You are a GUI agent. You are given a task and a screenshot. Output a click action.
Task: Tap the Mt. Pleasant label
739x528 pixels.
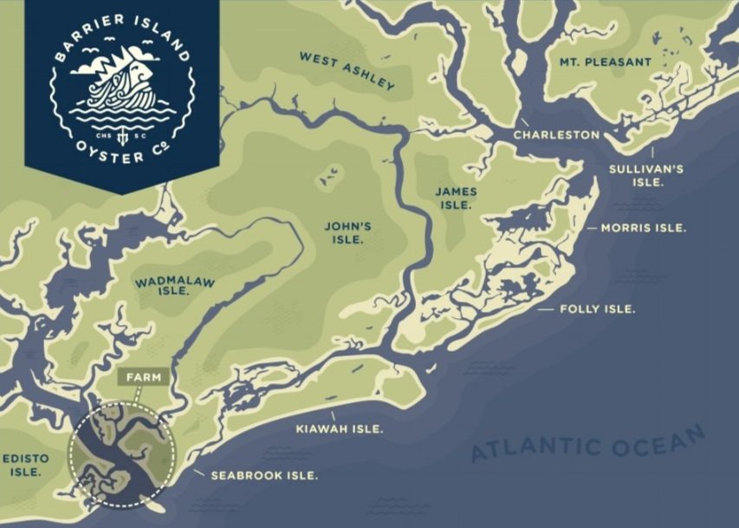[x=605, y=62]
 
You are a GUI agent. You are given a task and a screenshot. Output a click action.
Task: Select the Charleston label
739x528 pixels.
[x=556, y=135]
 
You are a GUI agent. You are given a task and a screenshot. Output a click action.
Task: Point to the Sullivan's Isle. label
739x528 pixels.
[x=645, y=175]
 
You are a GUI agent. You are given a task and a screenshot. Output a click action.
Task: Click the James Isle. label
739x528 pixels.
[x=456, y=198]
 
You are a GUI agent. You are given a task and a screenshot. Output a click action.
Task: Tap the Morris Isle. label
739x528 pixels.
[x=643, y=228]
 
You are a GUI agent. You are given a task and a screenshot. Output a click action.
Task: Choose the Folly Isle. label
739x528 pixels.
[x=598, y=310]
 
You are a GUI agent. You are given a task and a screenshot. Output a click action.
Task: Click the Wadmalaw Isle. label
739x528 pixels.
[x=175, y=286]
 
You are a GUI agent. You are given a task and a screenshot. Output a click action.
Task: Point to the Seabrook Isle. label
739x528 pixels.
[x=264, y=475]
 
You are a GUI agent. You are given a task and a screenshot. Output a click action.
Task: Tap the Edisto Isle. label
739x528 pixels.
[x=24, y=465]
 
